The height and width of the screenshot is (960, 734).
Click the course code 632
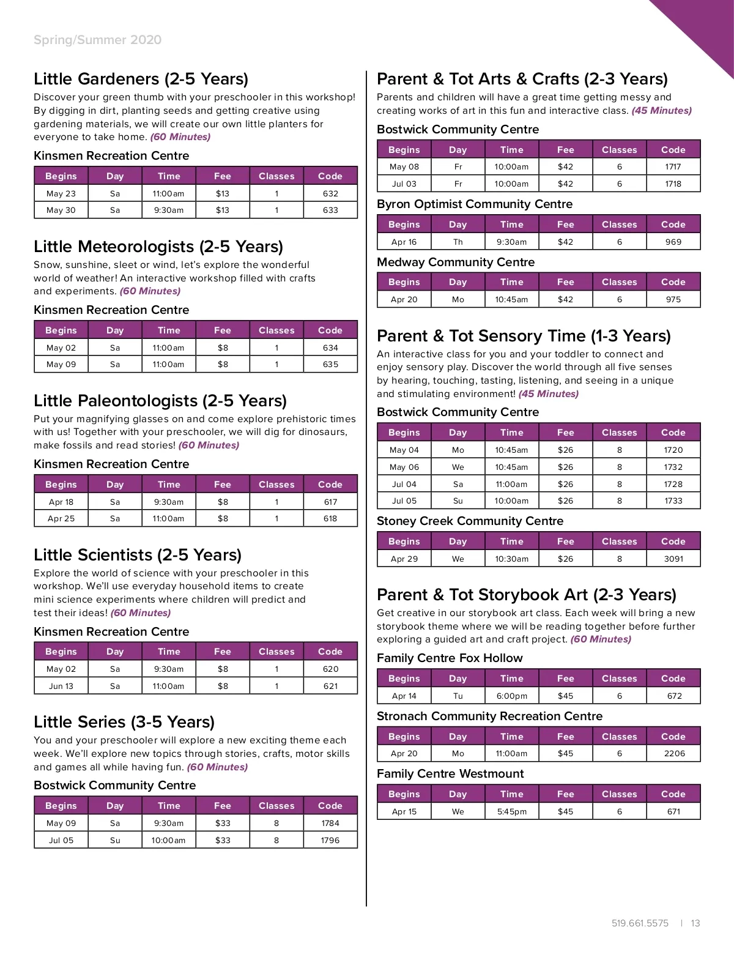[330, 193]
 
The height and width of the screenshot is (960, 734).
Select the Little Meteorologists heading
[158, 247]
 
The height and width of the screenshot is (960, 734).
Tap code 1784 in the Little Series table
[330, 823]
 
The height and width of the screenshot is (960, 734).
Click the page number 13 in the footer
[695, 923]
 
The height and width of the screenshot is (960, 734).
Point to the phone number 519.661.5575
[640, 923]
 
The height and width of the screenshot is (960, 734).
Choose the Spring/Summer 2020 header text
[98, 40]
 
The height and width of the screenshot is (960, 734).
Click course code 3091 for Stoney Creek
[673, 559]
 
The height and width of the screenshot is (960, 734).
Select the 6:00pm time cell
[511, 696]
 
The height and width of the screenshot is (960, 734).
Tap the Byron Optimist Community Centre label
[475, 204]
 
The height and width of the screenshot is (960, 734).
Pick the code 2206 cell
[674, 753]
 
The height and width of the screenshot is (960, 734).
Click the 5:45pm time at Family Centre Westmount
[511, 811]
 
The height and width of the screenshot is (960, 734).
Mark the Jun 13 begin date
[61, 686]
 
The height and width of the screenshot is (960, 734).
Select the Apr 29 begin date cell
[404, 559]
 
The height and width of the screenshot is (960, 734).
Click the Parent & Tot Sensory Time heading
[524, 336]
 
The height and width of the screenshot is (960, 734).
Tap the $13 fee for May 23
[223, 193]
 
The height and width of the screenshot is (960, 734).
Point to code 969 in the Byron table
[673, 242]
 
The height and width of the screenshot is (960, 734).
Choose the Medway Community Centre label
[456, 262]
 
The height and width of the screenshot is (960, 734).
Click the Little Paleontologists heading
[160, 401]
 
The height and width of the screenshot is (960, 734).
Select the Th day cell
[458, 242]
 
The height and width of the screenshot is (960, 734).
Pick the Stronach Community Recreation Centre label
[489, 716]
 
